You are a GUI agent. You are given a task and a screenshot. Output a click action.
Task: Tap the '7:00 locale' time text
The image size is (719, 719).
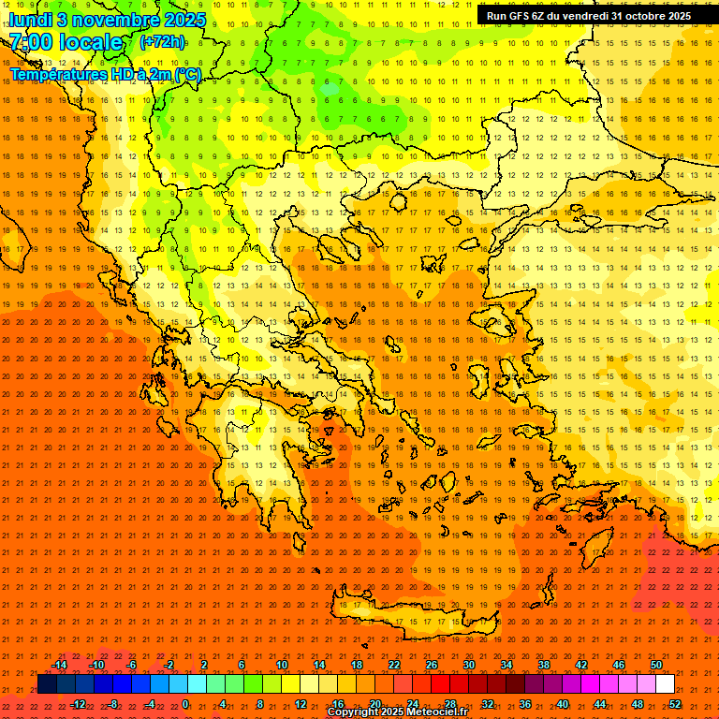pyautogui.click(x=66, y=42)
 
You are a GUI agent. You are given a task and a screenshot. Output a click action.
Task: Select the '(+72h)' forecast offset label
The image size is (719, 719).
pyautogui.click(x=162, y=42)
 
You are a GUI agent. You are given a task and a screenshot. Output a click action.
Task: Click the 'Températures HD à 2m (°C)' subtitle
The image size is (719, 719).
pyautogui.click(x=105, y=74)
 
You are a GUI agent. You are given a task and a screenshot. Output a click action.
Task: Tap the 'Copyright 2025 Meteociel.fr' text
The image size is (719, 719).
pyautogui.click(x=397, y=712)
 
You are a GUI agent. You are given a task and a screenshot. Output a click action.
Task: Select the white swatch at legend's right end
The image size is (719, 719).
pyautogui.click(x=665, y=684)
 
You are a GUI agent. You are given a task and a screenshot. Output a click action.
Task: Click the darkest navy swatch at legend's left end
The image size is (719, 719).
pyautogui.click(x=47, y=684)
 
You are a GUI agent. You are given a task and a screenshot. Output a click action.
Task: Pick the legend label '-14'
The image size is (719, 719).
pyautogui.click(x=59, y=665)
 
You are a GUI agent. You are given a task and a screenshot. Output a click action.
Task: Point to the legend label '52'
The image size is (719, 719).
pyautogui.click(x=675, y=704)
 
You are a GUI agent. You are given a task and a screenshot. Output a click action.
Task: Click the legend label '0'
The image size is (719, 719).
pyautogui.click(x=186, y=704)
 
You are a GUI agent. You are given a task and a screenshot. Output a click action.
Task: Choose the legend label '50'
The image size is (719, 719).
pyautogui.click(x=655, y=665)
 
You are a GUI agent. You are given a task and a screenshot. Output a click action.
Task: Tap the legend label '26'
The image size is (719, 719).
pyautogui.click(x=432, y=665)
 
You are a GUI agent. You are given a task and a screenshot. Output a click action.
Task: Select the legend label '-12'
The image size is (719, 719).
pyautogui.click(x=78, y=704)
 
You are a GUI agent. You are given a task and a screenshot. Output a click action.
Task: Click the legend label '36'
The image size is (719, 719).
pyautogui.click(x=525, y=704)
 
